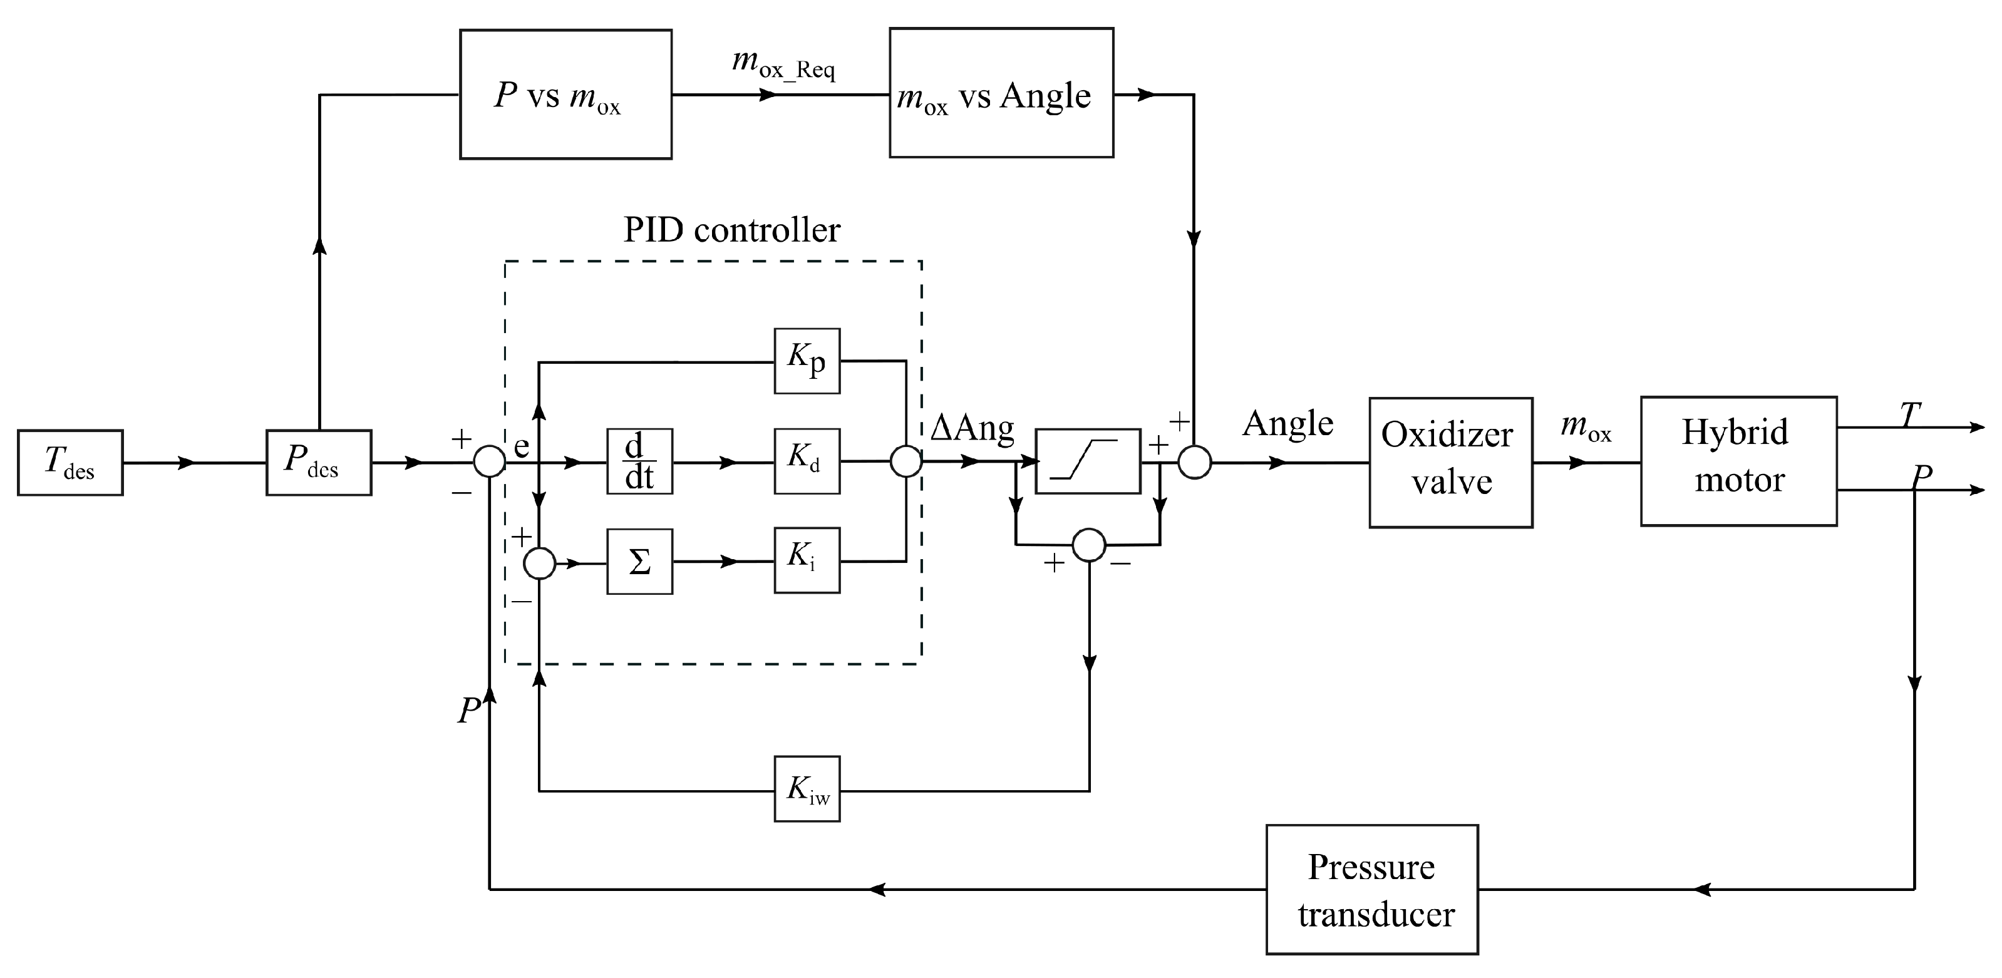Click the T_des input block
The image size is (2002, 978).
pos(70,462)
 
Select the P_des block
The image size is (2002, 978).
pos(319,462)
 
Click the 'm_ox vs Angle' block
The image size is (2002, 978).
pos(1001,93)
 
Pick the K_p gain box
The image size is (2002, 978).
pos(807,361)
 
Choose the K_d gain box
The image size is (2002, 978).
pos(807,461)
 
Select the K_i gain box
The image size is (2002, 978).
pos(807,560)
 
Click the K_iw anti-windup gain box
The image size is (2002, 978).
pos(807,788)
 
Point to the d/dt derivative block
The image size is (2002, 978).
pos(639,461)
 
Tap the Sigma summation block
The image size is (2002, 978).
pos(639,562)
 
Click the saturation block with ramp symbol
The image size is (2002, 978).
pos(1088,461)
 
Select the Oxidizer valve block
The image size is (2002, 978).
pos(1450,462)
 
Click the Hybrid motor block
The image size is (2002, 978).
pos(1738,461)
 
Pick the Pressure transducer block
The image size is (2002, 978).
pos(1371,890)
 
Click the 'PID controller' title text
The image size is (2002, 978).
pos(731,230)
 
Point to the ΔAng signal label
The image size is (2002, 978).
pos(973,428)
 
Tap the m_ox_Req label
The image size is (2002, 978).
pos(783,64)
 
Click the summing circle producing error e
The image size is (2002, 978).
pos(490,462)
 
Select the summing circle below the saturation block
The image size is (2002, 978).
pos(1089,545)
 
